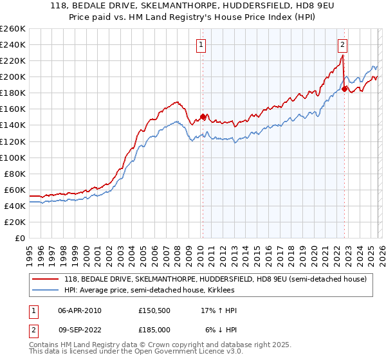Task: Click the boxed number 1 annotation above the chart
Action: (x=202, y=45)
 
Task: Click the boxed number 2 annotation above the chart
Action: (x=342, y=45)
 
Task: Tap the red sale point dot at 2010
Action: (x=203, y=117)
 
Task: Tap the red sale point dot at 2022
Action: (x=345, y=89)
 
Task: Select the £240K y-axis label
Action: (x=13, y=44)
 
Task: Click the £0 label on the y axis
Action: (x=19, y=238)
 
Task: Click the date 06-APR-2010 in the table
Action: (x=80, y=310)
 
